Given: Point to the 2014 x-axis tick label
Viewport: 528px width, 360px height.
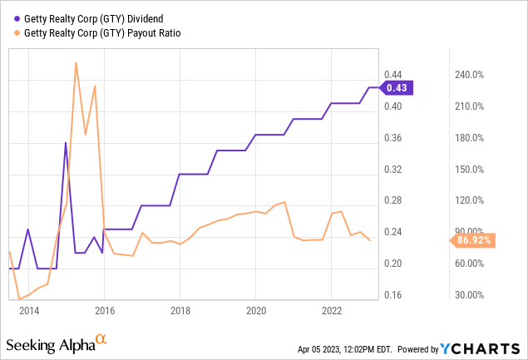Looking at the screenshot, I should pos(29,311).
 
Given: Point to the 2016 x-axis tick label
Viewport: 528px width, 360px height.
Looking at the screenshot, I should pos(105,311).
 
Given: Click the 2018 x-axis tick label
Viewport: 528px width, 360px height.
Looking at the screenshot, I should pos(180,311).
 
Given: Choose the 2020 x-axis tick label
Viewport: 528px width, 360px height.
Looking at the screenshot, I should pos(256,311).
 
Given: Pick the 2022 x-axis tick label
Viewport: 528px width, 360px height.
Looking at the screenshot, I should pos(332,311).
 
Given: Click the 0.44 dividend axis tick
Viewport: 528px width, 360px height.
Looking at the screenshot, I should pos(393,75).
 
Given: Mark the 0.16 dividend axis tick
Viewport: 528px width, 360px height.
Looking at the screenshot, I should pos(393,295).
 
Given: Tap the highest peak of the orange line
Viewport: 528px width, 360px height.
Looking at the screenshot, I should pos(76,62).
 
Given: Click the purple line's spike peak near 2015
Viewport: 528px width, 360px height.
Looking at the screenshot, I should pos(67,143).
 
